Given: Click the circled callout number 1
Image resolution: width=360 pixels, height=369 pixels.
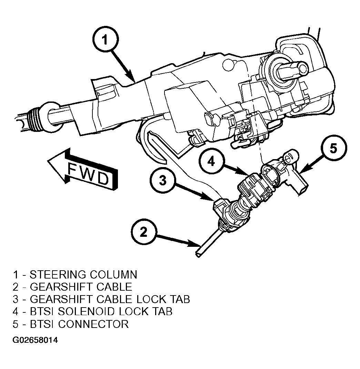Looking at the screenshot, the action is click(105, 40).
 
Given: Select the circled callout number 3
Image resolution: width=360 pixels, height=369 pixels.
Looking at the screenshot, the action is click(163, 181).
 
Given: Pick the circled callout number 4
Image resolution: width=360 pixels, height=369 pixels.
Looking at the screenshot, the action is click(212, 162).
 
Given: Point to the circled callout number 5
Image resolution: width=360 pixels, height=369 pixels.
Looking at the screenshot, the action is click(333, 148).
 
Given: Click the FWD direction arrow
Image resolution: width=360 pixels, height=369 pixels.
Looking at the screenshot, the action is click(82, 169).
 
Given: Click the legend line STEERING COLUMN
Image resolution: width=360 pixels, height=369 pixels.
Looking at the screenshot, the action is click(75, 275).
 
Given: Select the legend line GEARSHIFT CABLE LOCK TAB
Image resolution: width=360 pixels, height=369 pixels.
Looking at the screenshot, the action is click(101, 299).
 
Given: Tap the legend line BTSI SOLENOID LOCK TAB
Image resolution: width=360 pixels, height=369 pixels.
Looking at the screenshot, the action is click(92, 311).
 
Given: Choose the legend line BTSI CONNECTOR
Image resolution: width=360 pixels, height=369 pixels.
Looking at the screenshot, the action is click(71, 324).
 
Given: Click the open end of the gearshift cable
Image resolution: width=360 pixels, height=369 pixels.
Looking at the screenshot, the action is click(198, 255).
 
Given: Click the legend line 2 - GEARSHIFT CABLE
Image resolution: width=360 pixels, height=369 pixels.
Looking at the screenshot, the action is click(72, 287).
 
